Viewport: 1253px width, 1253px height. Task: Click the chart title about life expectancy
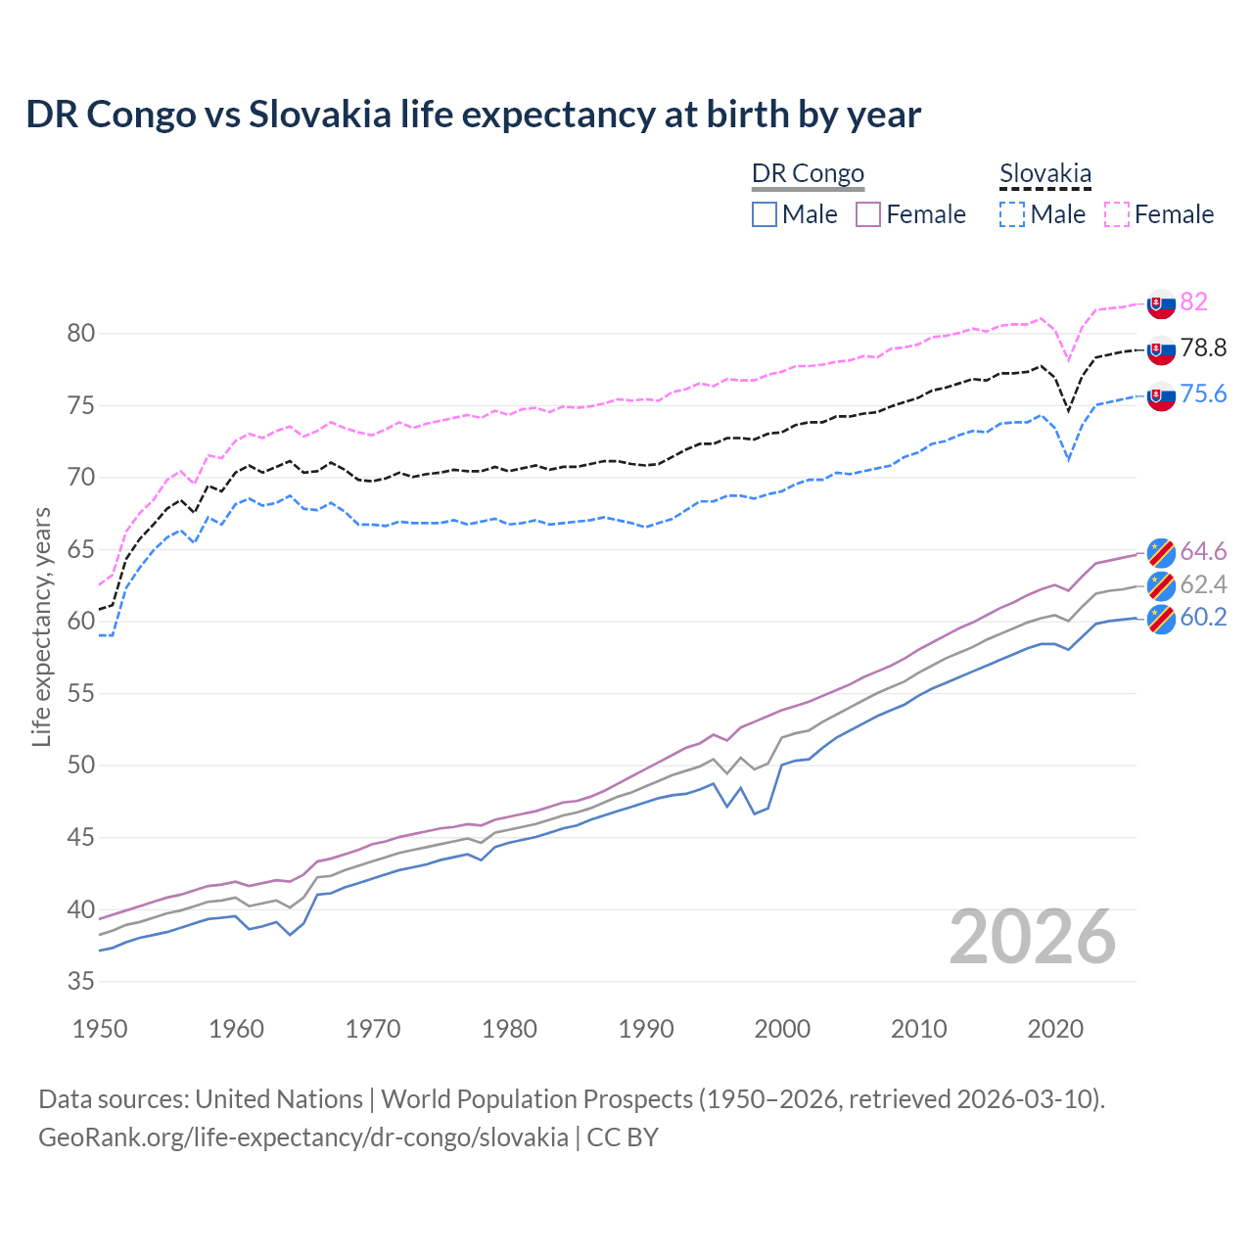473,115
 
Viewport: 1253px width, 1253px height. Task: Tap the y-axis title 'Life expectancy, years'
42,626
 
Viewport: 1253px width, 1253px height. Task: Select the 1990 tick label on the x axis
646,1029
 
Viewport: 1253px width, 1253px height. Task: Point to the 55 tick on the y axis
80,693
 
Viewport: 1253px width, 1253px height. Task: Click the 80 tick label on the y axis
80,334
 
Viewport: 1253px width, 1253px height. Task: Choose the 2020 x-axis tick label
1055,1029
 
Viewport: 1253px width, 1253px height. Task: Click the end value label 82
1193,302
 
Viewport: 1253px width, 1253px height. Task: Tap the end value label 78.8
1203,348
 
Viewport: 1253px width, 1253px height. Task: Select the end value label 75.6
1203,394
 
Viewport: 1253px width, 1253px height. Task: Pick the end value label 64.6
1203,551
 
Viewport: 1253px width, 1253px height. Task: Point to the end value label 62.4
1203,584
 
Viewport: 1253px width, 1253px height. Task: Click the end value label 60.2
1203,617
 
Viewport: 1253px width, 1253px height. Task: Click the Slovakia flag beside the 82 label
1161,303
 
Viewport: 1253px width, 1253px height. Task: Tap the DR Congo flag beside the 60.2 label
1161,619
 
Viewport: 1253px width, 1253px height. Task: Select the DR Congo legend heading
808,173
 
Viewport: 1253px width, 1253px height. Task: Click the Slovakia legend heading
1044,173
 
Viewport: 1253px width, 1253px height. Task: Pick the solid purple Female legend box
868,214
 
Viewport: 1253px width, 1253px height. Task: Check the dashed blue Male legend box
1012,214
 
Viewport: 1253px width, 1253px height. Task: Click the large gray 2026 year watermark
1033,937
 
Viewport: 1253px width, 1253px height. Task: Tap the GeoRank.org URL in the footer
303,1137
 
